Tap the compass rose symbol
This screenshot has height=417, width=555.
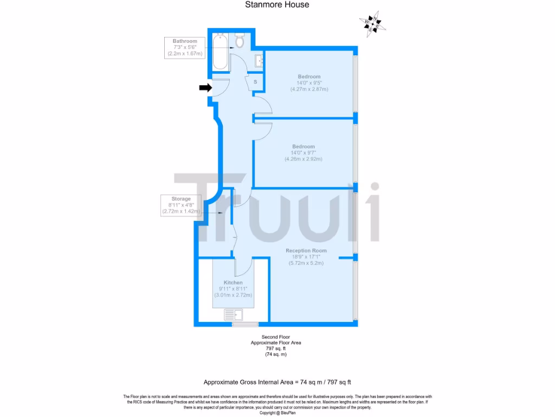click(x=372, y=22)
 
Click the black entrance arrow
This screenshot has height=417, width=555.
click(x=205, y=87)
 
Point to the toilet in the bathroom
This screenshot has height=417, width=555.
click(x=240, y=40)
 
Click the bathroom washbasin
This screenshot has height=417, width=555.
click(x=259, y=60)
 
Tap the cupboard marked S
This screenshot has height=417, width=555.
click(x=255, y=81)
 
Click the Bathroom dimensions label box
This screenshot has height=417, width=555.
click(x=185, y=48)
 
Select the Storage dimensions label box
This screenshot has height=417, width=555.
click(x=181, y=205)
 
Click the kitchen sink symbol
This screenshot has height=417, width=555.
click(x=234, y=314)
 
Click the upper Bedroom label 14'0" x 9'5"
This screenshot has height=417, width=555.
click(x=309, y=83)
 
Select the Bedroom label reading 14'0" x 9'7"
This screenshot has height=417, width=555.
click(x=304, y=153)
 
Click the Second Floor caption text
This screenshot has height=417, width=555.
click(x=276, y=337)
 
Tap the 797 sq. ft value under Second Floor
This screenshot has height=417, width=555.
click(x=275, y=349)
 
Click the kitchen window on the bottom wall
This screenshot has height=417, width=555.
click(x=246, y=325)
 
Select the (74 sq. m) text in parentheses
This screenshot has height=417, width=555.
click(x=275, y=355)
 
